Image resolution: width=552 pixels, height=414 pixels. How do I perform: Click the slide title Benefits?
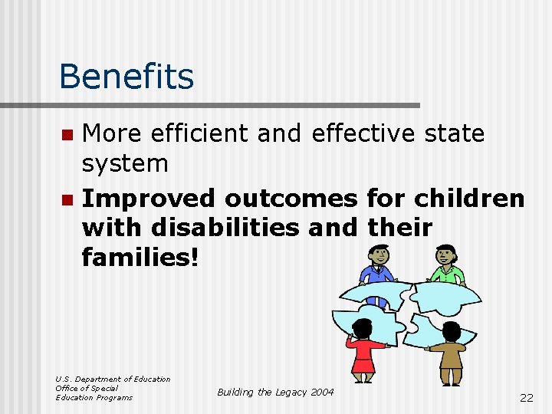[x=127, y=76]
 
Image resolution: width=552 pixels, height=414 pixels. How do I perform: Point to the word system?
[x=125, y=163]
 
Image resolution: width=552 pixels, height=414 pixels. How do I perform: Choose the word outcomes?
[x=291, y=199]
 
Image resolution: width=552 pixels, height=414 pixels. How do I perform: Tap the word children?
[x=469, y=199]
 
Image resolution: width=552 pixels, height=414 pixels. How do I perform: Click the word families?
[x=140, y=257]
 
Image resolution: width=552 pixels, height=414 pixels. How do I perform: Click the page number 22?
[x=526, y=397]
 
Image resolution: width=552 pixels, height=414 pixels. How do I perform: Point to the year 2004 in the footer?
[x=321, y=392]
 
